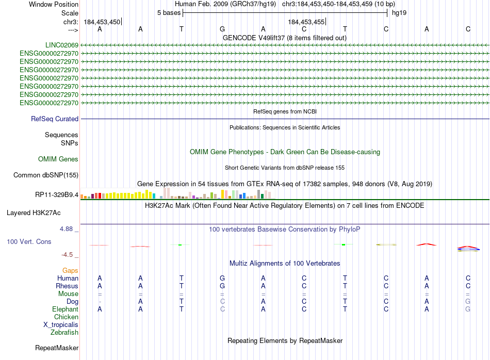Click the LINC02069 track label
pos(61,45)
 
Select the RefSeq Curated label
pos(55,119)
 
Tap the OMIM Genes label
pos(58,159)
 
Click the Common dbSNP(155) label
pos(46,175)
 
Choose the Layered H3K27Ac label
pos(34,212)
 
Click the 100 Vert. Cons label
pos(29,241)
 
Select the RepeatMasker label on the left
pos(57,348)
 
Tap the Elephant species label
pos(65,309)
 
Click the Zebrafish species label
pos(64,332)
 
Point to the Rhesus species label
pos(67,286)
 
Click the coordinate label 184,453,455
pos(306,22)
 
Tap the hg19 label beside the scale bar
pos(399,12)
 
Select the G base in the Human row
pos(222,278)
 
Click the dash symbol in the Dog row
pos(100,301)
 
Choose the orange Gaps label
pos(70,270)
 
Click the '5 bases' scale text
pos(169,12)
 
